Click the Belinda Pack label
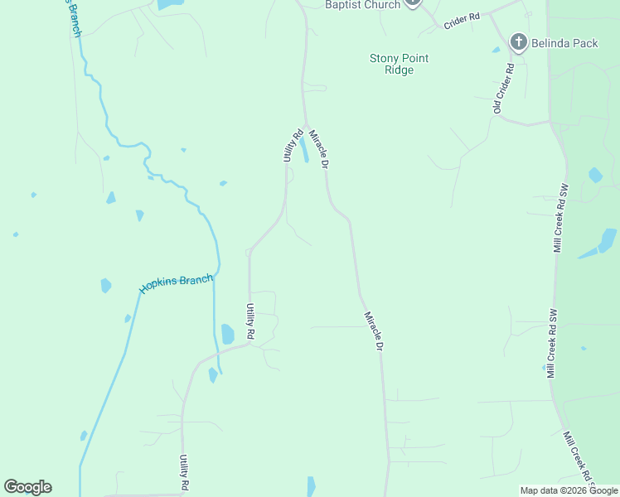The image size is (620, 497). pos(566,43)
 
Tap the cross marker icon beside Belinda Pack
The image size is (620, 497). pos(519,41)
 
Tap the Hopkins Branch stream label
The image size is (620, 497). pos(176,283)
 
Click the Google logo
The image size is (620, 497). pos(27,487)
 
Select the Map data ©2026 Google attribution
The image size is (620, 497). pos(569,490)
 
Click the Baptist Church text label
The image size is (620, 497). pos(362,5)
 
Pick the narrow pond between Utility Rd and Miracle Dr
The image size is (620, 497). pos(304,149)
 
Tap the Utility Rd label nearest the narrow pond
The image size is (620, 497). pos(293,145)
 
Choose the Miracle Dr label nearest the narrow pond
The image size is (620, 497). pos(319,149)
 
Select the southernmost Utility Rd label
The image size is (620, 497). pos(185,473)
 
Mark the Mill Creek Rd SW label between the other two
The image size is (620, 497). pos(550,344)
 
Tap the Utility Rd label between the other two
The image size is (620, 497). pos(249,321)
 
